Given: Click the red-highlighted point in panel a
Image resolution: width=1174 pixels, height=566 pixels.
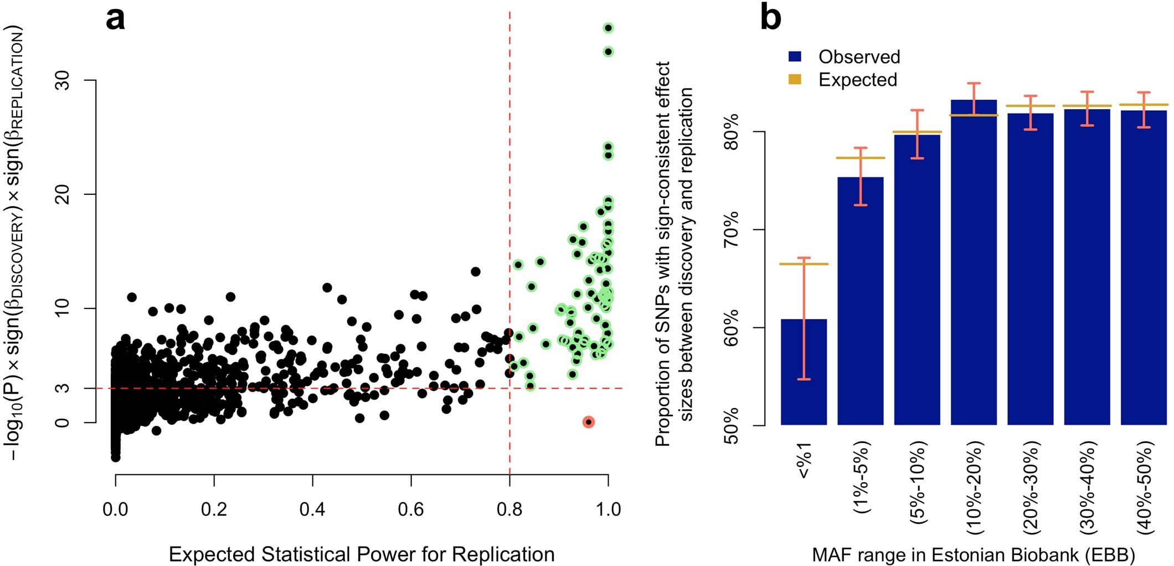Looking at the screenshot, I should (588, 422).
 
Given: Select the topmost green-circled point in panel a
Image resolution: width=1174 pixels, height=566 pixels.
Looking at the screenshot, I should (608, 28).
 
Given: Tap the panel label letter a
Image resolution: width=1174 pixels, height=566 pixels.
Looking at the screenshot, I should (115, 19).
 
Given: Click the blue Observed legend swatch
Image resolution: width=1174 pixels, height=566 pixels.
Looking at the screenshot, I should (795, 56).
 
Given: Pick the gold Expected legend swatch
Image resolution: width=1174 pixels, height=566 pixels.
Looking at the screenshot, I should (795, 79).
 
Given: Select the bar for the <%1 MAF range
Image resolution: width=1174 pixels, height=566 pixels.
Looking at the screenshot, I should (804, 372).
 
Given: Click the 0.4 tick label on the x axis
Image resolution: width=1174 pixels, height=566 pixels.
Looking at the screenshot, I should (312, 508).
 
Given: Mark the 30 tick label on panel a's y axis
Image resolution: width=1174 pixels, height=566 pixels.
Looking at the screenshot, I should (64, 81).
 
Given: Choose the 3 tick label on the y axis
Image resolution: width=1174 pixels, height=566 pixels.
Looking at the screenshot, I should (64, 388).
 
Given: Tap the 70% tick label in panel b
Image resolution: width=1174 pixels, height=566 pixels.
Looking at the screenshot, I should (732, 229).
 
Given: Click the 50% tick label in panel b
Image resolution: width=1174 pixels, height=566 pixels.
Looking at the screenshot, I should (732, 425).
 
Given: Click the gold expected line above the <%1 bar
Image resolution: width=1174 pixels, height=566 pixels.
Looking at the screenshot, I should (804, 264).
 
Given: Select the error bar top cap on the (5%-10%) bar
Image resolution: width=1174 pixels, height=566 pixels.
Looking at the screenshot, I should (917, 110).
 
